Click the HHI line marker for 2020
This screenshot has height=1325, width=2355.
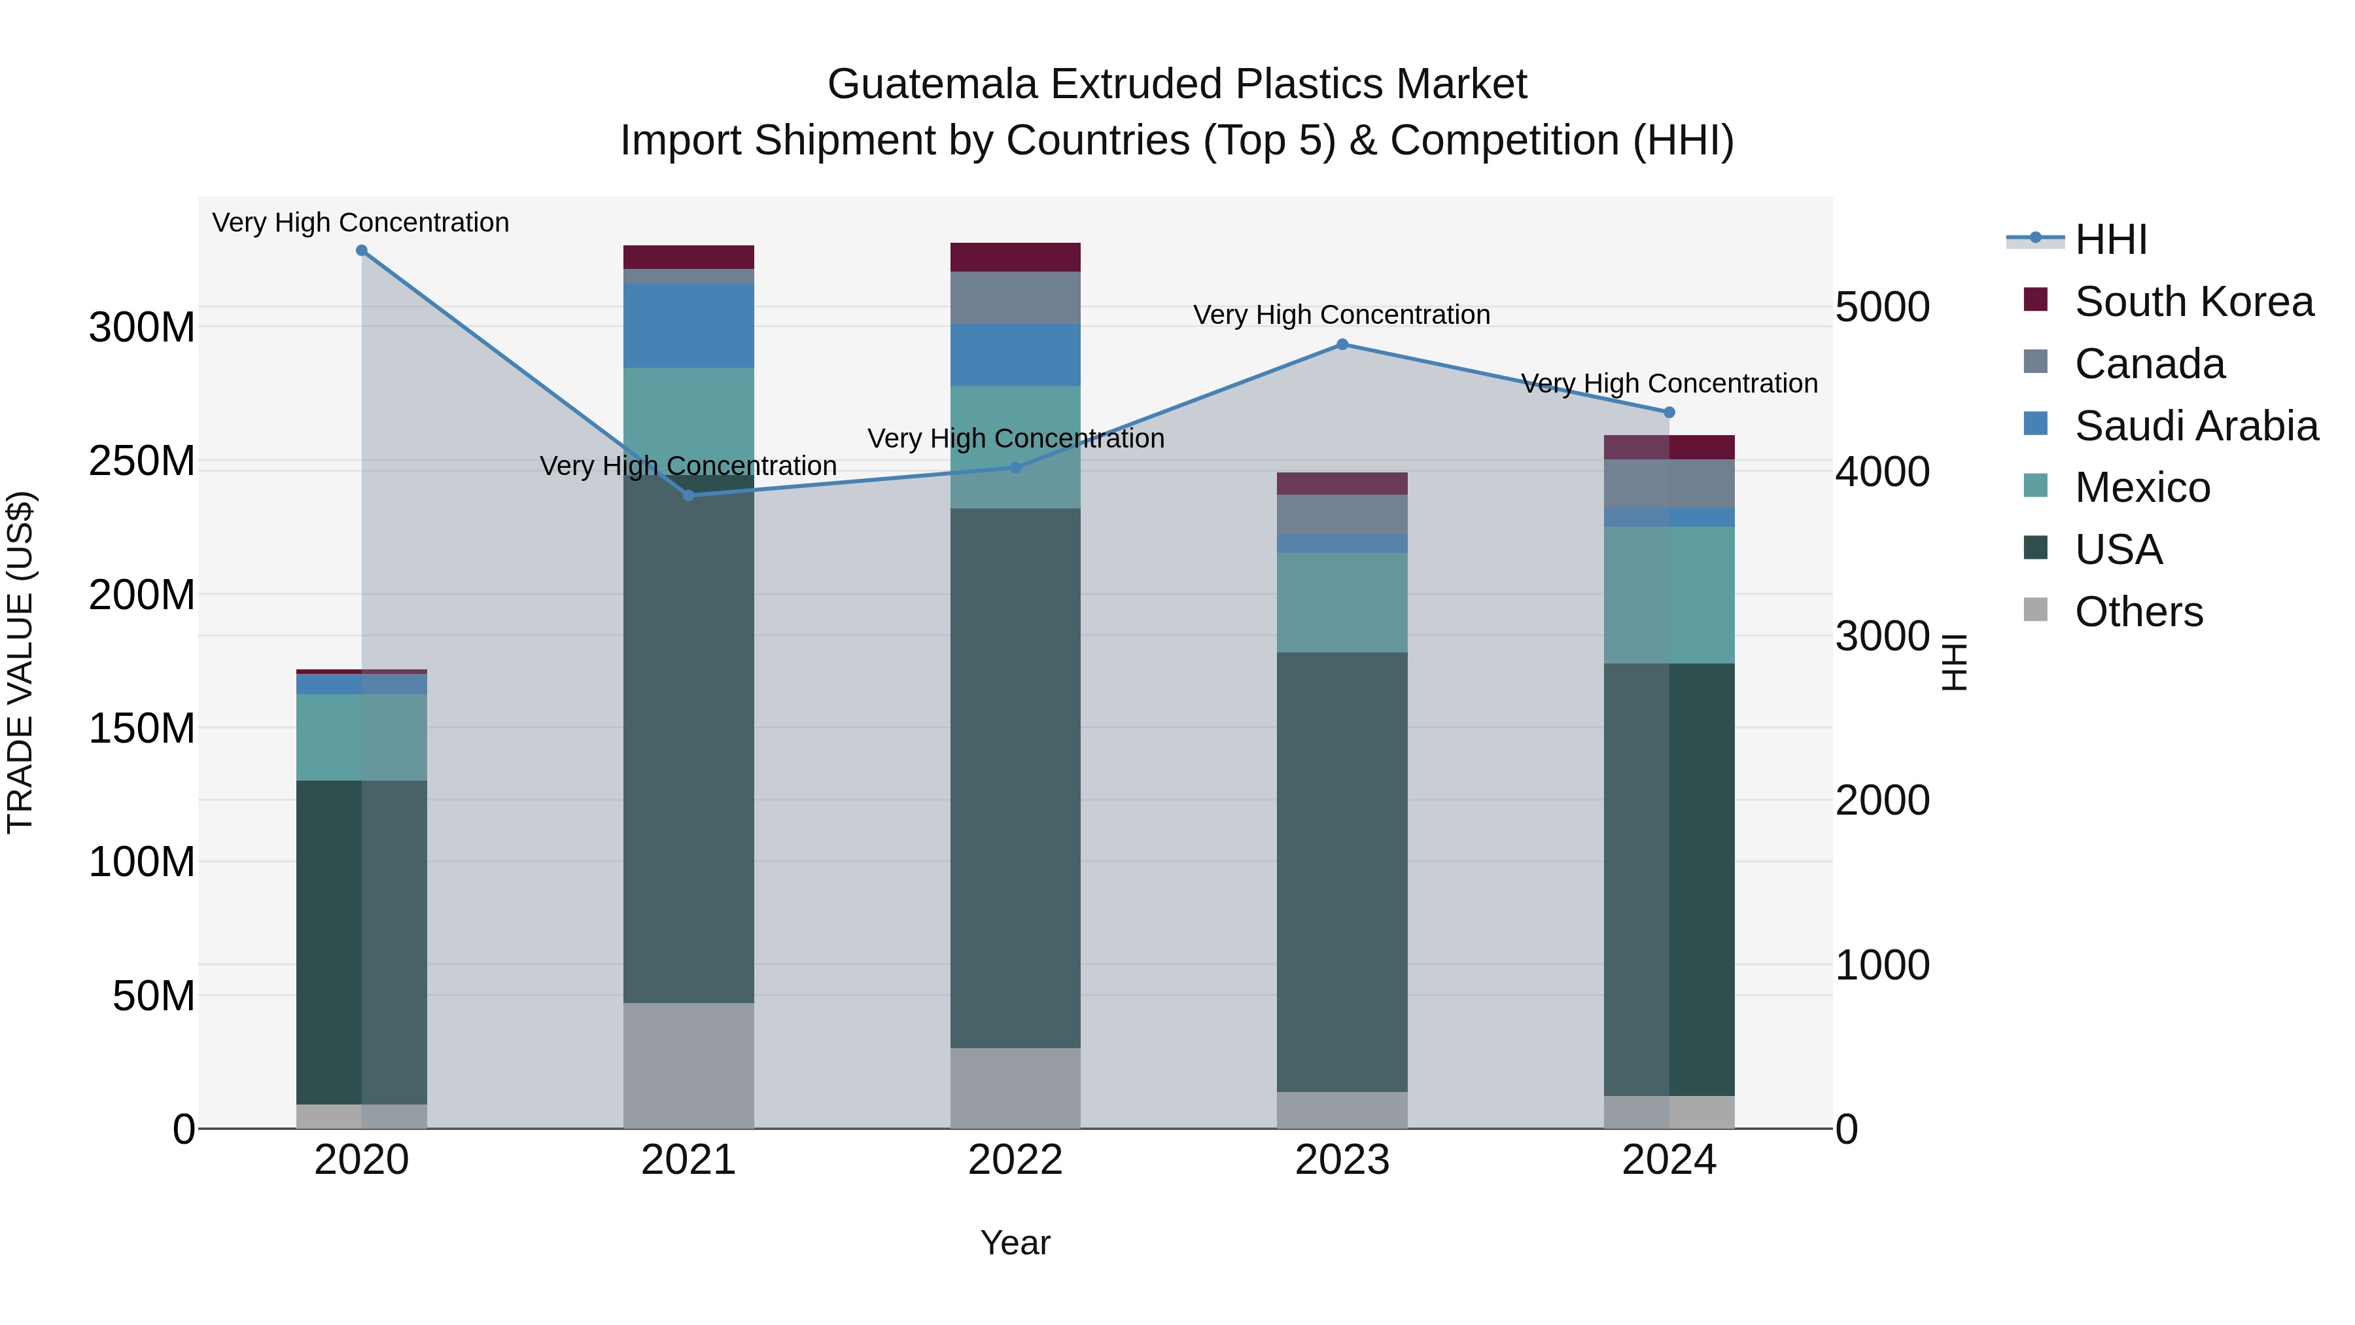(361, 251)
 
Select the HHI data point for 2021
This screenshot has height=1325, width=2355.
(688, 495)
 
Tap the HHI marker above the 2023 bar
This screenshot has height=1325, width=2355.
(1342, 345)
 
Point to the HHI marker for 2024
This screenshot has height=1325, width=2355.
(1669, 412)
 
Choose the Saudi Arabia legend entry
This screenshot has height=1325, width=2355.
(2195, 426)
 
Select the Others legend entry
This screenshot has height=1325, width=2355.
(2138, 612)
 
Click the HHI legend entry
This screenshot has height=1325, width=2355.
(2110, 239)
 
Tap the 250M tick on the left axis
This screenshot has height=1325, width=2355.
(142, 461)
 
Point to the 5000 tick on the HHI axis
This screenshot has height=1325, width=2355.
(1882, 308)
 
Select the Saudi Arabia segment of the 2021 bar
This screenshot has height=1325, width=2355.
(688, 326)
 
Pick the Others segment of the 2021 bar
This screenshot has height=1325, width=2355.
(688, 1065)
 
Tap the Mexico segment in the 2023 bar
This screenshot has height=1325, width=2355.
(1342, 602)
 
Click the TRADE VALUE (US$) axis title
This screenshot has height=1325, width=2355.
(20, 662)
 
